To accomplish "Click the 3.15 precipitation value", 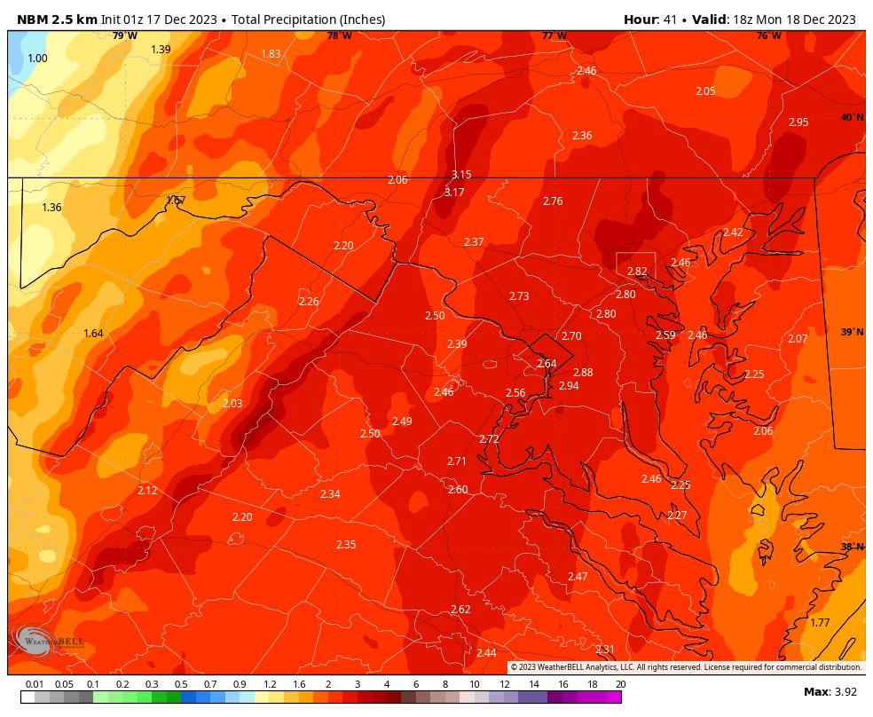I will tap(461, 175).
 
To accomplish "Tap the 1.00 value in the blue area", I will tap(37, 59).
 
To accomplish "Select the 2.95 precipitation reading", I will tap(798, 122).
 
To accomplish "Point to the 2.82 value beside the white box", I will tap(637, 272).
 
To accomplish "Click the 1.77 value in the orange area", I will tap(820, 623).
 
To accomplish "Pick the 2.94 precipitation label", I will tap(569, 386).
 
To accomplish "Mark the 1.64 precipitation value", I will tap(93, 334).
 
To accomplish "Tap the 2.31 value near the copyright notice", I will tap(605, 650).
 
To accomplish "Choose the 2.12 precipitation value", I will tap(147, 491).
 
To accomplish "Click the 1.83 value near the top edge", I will tap(271, 54).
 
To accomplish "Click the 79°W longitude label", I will tap(124, 36).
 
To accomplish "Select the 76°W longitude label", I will tap(768, 36).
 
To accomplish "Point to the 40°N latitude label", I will tap(852, 118).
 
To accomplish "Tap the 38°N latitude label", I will tap(852, 548).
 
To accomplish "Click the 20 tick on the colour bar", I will tap(620, 684).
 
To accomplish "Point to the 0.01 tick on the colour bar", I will tap(35, 684).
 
